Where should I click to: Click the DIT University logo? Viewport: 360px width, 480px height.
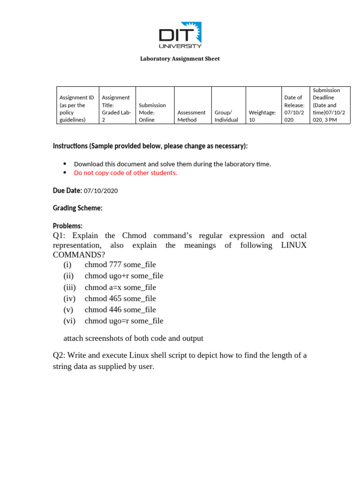[180, 35]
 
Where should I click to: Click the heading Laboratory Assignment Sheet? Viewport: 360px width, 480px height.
[180, 59]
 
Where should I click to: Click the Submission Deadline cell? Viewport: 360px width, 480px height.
[330, 105]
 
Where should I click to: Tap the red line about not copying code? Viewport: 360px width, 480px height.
[126, 172]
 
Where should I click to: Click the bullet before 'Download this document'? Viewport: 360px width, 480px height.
[65, 164]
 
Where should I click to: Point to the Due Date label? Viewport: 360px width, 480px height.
[67, 190]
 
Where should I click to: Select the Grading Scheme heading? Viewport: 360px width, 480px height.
[78, 208]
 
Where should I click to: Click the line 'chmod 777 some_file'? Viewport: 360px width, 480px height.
[120, 264]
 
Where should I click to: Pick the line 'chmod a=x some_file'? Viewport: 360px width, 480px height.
[120, 287]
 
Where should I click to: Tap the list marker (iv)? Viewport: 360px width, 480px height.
[69, 298]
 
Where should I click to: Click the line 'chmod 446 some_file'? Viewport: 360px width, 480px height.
[120, 309]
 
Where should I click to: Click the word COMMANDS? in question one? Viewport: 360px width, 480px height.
[79, 255]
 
